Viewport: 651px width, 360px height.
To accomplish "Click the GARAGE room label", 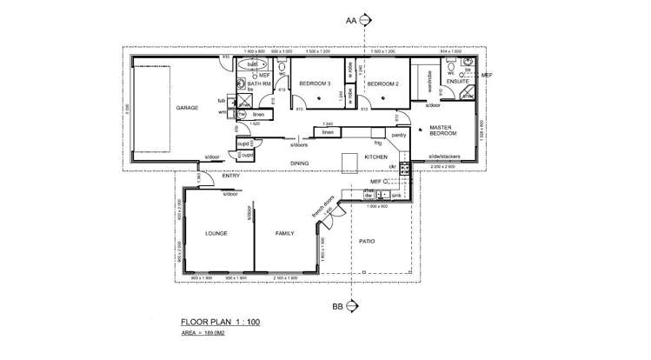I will pyautogui.click(x=187, y=109).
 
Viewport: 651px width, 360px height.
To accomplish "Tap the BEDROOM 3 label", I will pyautogui.click(x=314, y=83).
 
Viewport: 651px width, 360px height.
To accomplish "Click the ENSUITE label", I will pyautogui.click(x=457, y=81).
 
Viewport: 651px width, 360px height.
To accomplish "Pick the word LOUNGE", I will pyautogui.click(x=216, y=234).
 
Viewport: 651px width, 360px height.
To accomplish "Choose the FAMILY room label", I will pyautogui.click(x=285, y=234).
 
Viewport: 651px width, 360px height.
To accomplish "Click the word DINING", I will pyautogui.click(x=299, y=163).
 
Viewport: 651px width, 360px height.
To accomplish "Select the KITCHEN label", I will pyautogui.click(x=375, y=157).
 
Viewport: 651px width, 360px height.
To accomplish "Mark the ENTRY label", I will pyautogui.click(x=230, y=177).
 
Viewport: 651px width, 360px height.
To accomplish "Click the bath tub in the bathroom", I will pyautogui.click(x=252, y=64).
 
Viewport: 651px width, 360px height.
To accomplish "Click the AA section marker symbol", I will pyautogui.click(x=365, y=18).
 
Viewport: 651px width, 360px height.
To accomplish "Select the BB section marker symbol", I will pyautogui.click(x=352, y=306).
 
